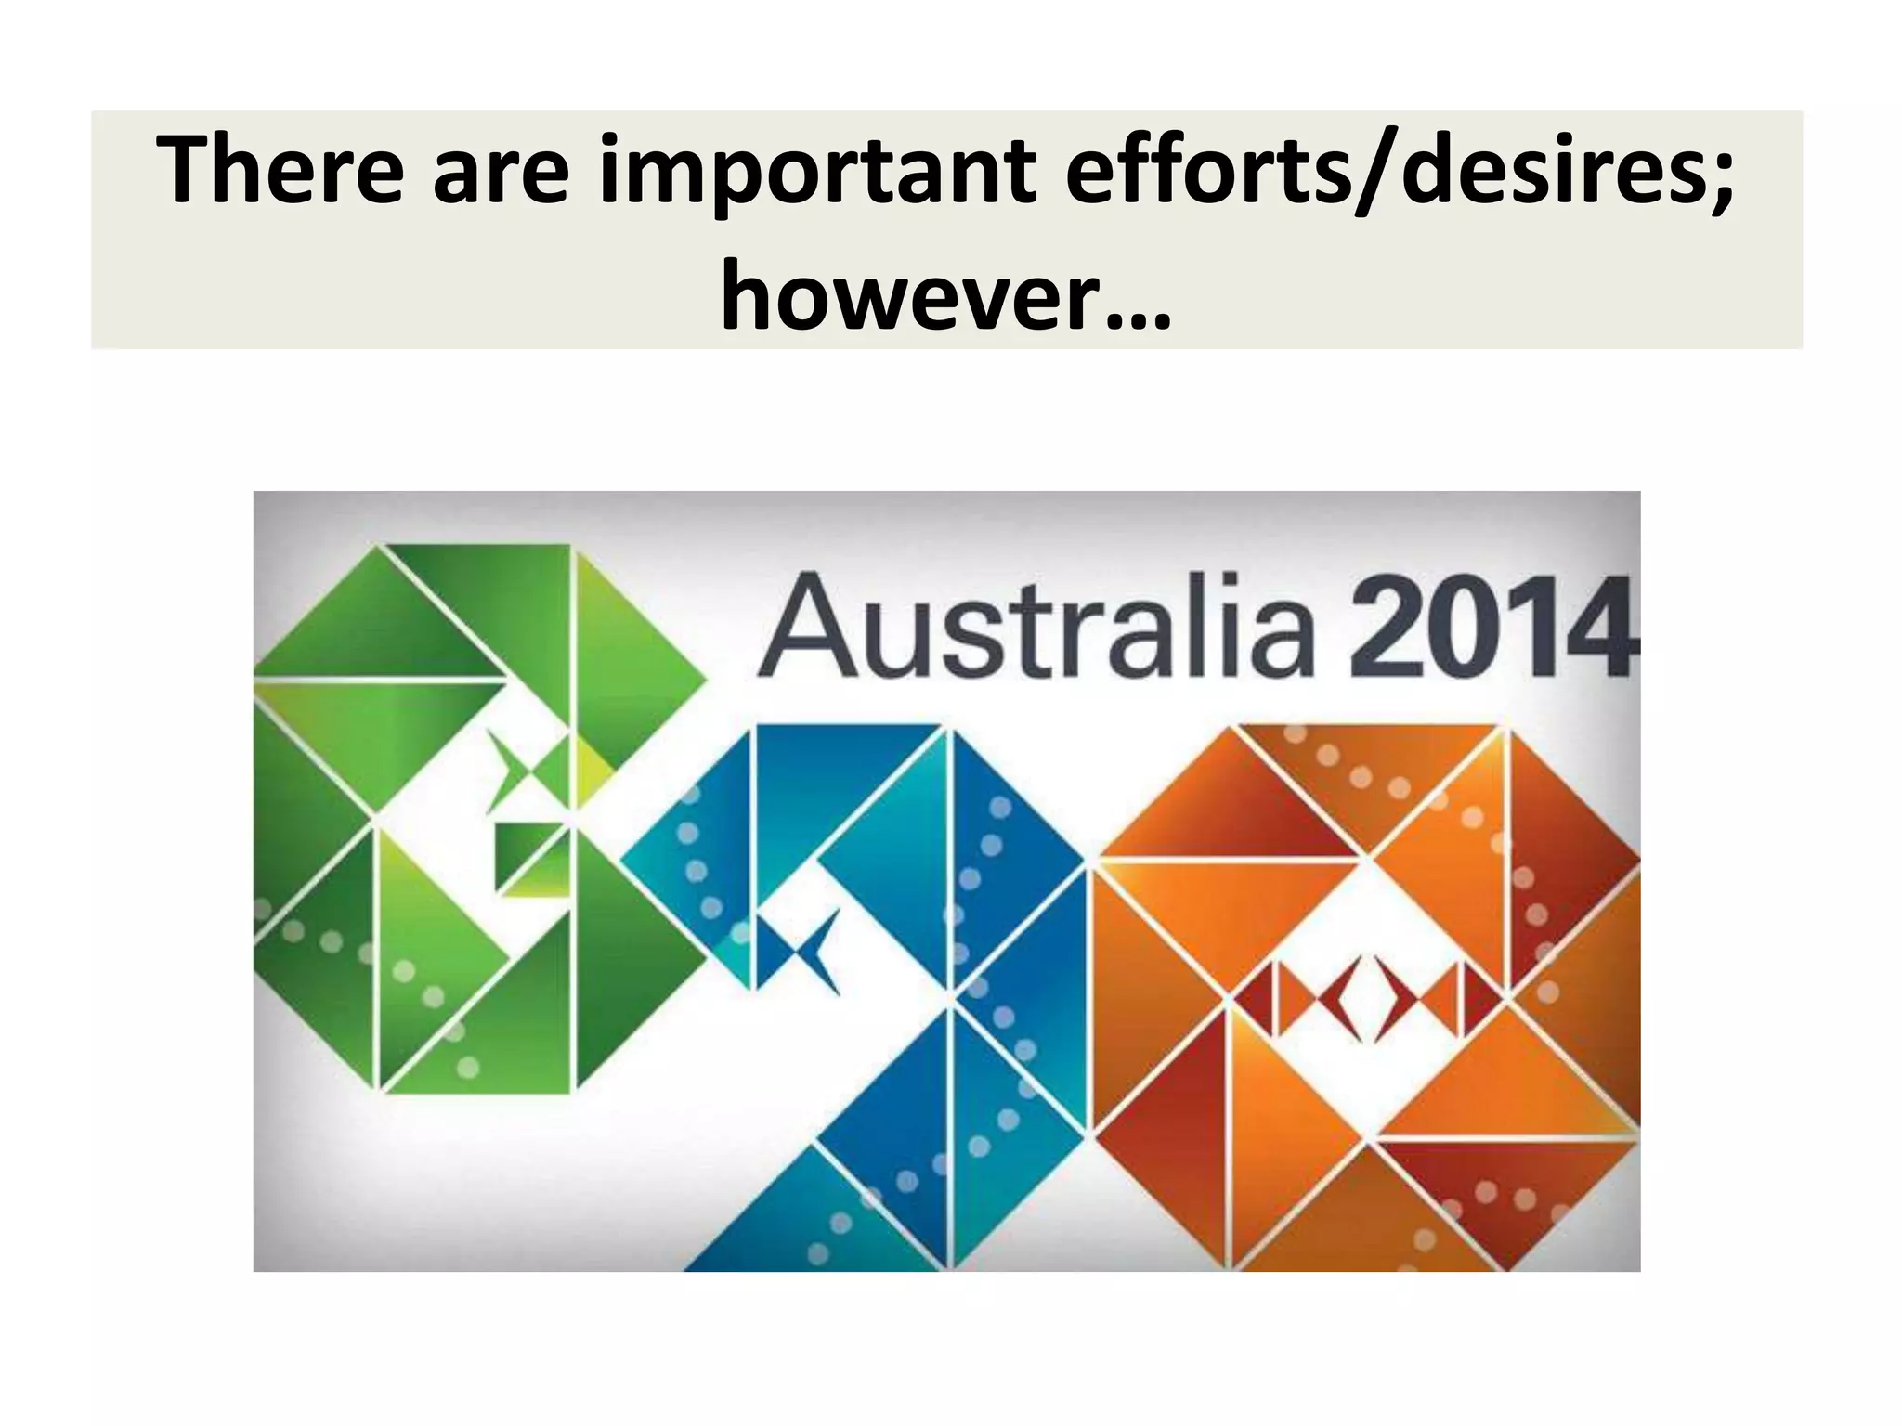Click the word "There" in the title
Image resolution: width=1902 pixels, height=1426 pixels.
click(280, 170)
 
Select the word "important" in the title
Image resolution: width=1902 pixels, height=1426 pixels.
click(816, 172)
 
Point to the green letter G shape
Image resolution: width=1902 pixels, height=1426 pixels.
click(446, 817)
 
